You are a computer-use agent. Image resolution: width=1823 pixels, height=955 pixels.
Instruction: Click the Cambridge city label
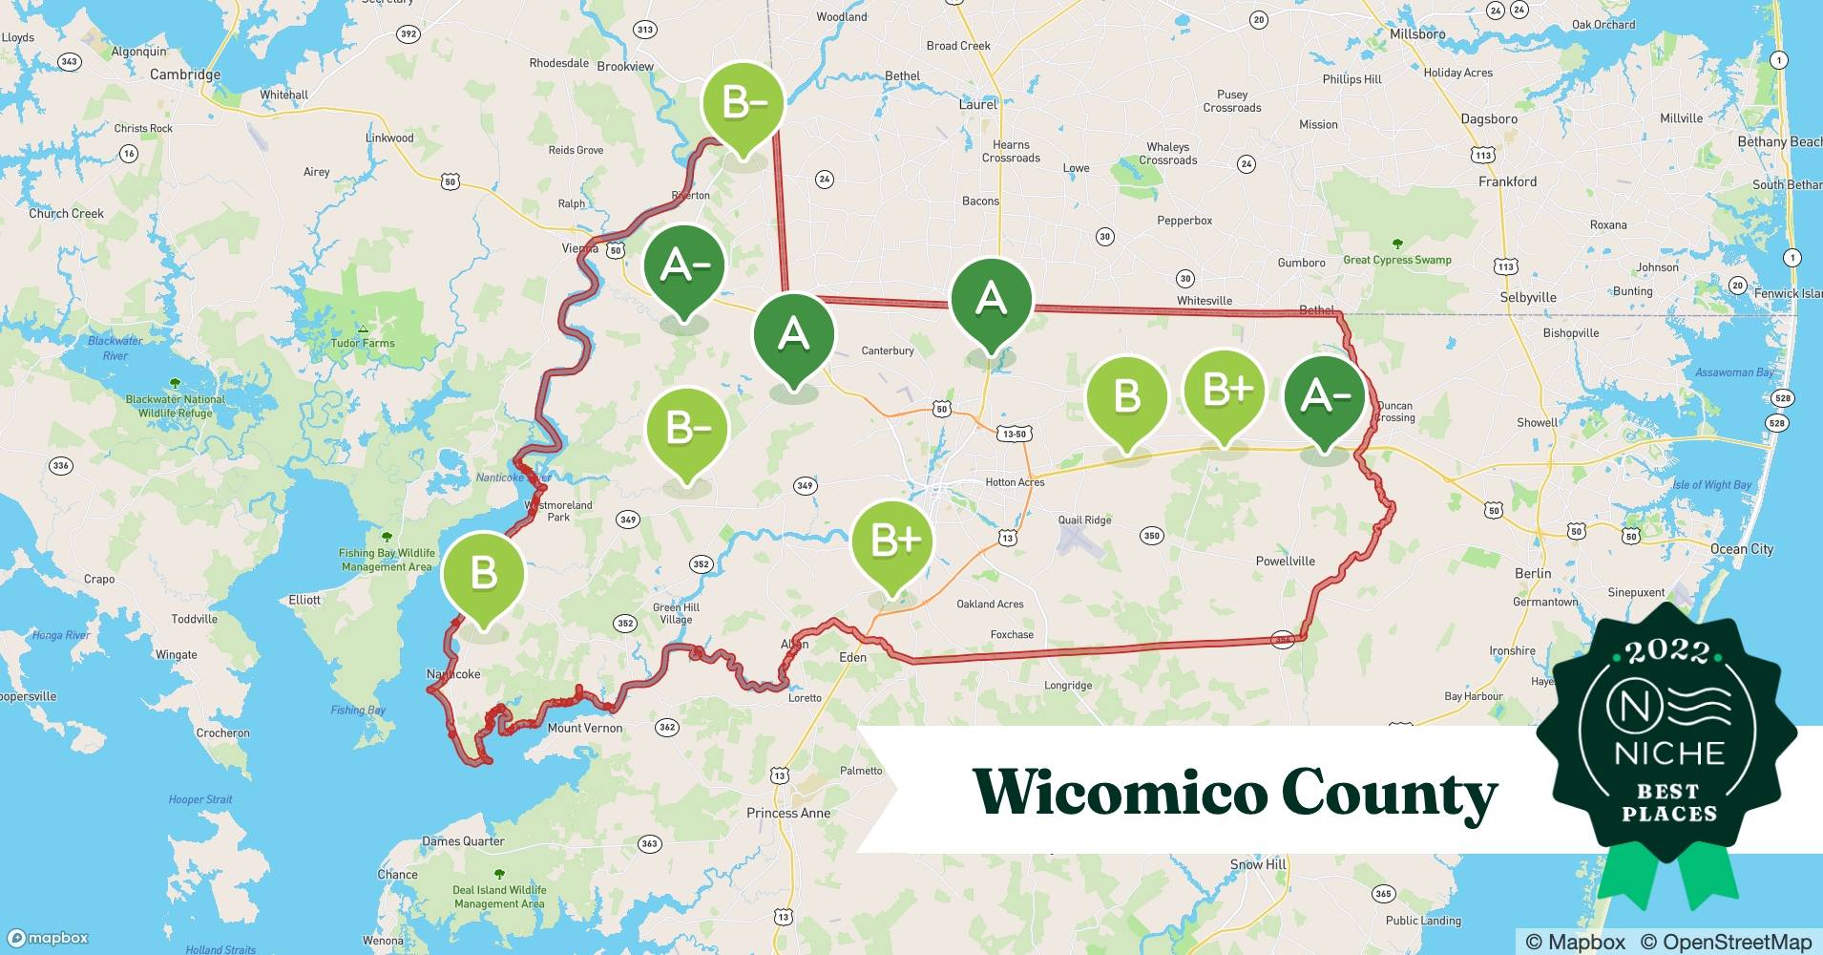(185, 74)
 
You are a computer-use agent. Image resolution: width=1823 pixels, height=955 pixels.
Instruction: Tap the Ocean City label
(1741, 549)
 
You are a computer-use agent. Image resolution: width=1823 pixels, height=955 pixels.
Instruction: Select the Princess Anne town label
(787, 814)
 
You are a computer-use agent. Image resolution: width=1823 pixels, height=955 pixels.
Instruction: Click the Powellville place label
(1285, 562)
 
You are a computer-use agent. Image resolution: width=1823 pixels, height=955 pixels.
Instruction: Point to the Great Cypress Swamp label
(1396, 260)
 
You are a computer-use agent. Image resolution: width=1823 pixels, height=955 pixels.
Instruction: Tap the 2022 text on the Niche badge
(1667, 651)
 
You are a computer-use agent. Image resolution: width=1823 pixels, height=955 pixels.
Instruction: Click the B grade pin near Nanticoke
(484, 573)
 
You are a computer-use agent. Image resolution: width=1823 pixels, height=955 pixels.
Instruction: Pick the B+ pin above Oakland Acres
(892, 541)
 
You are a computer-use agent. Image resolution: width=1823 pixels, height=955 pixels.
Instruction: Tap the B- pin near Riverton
(743, 102)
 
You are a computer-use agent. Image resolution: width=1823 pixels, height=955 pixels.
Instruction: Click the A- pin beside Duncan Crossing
(1324, 395)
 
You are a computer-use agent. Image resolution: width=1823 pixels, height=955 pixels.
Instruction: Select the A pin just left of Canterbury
(793, 334)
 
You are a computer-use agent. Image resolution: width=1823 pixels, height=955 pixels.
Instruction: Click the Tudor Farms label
(363, 343)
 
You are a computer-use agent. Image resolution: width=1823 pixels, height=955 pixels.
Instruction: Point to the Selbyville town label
(1527, 297)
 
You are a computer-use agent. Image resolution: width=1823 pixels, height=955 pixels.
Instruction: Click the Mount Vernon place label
(584, 728)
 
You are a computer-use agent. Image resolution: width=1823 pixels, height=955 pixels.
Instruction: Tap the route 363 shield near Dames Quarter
(649, 843)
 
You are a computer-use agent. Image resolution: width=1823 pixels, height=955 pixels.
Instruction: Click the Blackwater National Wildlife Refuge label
(176, 406)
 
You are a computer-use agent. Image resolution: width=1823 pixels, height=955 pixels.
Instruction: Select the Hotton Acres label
(1015, 482)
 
